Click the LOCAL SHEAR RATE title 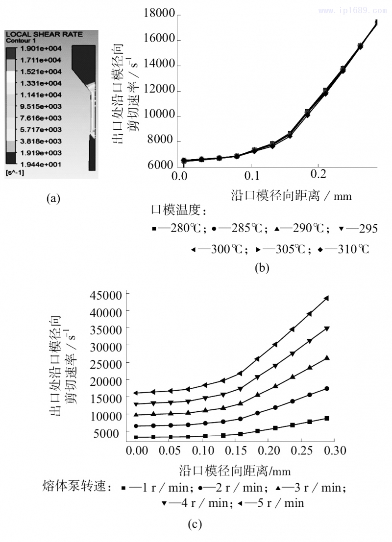click(44, 34)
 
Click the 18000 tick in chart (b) click(159, 14)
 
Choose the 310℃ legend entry click(343, 249)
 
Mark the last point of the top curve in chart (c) click(326, 298)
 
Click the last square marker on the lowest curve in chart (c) click(326, 418)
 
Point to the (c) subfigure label click(195, 525)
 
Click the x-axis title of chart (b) click(291, 196)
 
